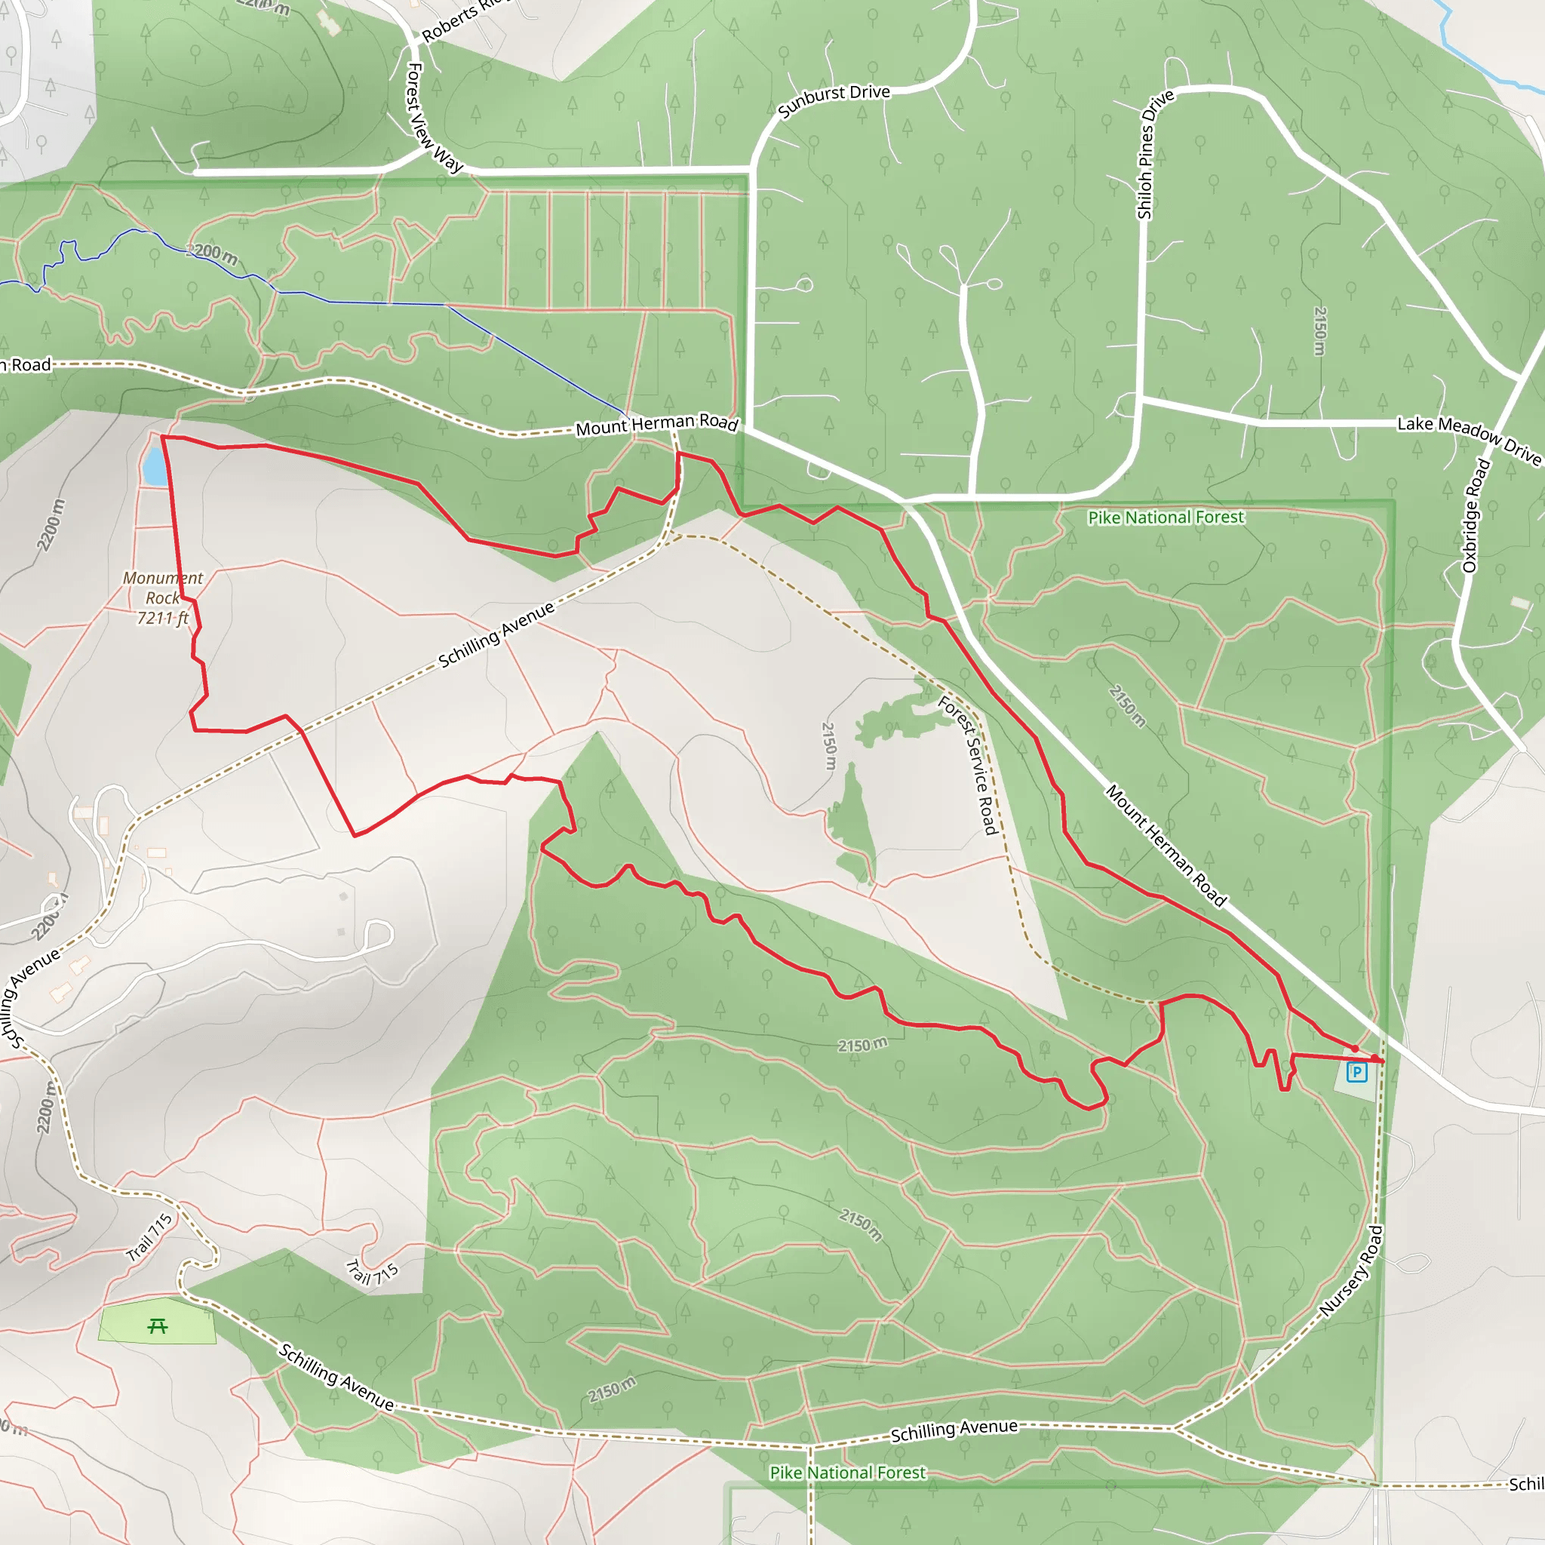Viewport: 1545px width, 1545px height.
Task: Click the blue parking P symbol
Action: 1356,1071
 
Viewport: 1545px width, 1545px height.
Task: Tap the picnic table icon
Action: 158,1327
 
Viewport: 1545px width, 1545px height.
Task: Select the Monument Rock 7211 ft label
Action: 163,597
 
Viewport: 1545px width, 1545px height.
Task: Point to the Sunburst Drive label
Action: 834,100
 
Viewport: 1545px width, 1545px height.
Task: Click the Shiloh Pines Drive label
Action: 1155,155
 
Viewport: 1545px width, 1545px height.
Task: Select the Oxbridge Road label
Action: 1476,516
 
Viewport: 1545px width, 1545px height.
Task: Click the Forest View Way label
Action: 432,118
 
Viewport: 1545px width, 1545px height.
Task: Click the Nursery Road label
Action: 1350,1271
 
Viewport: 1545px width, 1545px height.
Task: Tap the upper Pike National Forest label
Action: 1165,518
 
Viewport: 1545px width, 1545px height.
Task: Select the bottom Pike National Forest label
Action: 847,1473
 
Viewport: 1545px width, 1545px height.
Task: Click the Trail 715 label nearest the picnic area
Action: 149,1237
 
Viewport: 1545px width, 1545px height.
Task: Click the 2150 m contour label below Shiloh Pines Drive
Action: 1319,331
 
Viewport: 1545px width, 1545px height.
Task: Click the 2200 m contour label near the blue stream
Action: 212,253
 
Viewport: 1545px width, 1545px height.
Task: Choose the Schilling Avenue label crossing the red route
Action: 496,635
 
